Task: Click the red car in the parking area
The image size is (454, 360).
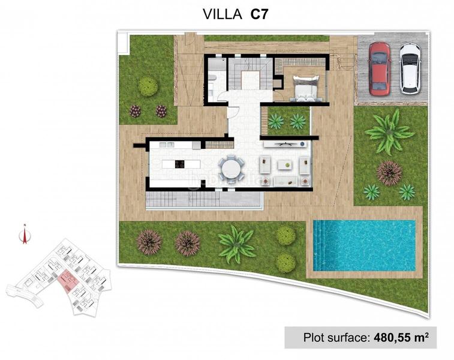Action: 380,69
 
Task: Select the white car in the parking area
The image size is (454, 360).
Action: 410,69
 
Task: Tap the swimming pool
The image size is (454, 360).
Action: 364,245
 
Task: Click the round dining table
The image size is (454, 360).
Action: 230,169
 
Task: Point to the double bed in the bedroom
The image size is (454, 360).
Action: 306,88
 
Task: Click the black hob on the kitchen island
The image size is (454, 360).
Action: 179,164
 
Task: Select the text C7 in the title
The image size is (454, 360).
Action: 259,14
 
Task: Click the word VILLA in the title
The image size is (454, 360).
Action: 223,14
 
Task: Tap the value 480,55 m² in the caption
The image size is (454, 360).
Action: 401,337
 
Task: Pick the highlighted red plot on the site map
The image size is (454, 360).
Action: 67,280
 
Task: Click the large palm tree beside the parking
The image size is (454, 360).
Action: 389,132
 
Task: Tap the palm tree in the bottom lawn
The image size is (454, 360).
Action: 236,244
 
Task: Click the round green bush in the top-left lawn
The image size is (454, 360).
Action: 148,86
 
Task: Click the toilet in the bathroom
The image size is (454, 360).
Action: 212,77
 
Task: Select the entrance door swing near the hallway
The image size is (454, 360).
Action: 233,112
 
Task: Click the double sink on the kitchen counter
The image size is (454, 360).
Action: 167,145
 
